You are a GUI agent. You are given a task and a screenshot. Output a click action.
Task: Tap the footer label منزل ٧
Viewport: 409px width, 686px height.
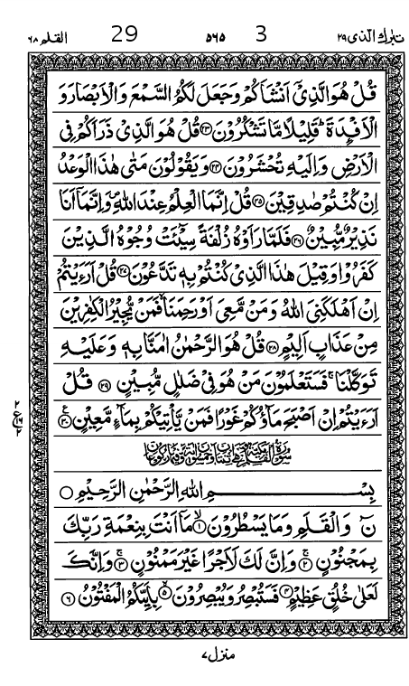point(209,651)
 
